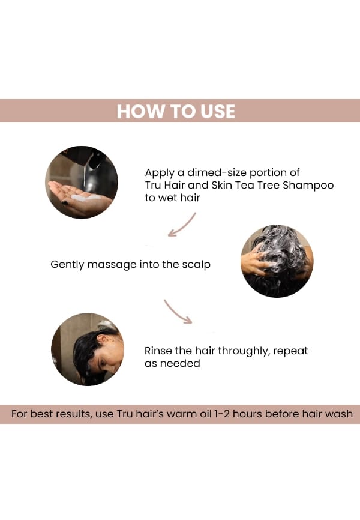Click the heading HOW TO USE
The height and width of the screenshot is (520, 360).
tap(176, 111)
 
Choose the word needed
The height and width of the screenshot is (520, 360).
tap(180, 363)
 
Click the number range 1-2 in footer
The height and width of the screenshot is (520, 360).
tap(222, 414)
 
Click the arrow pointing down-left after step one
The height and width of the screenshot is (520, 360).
tap(182, 225)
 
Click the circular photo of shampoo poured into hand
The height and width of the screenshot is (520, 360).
tap(82, 182)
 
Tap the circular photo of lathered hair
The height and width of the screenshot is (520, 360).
tap(277, 261)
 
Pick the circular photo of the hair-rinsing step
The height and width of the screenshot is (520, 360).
tap(88, 349)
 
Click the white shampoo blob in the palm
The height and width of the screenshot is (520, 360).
tap(86, 198)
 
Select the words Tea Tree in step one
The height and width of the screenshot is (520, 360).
tap(257, 185)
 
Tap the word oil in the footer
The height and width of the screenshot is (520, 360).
tap(206, 414)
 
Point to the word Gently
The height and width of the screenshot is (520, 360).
tap(67, 265)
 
